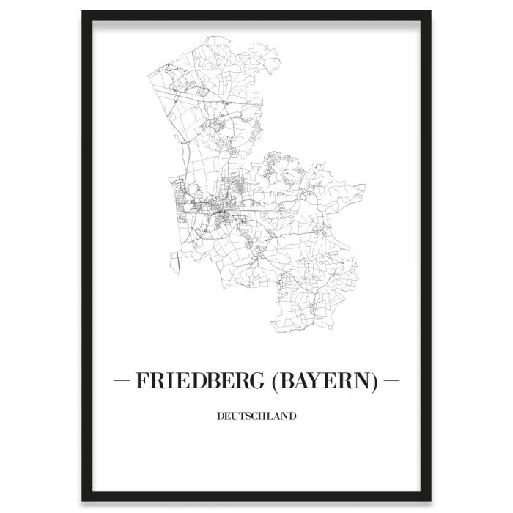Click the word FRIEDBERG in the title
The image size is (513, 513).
coord(193,381)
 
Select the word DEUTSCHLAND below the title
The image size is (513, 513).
coord(256,417)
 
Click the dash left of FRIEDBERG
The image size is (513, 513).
coord(122,381)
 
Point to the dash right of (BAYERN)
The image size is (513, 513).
coord(391,381)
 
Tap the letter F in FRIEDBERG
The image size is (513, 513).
coord(140,381)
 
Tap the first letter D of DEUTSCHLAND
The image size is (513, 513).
coord(220,417)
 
